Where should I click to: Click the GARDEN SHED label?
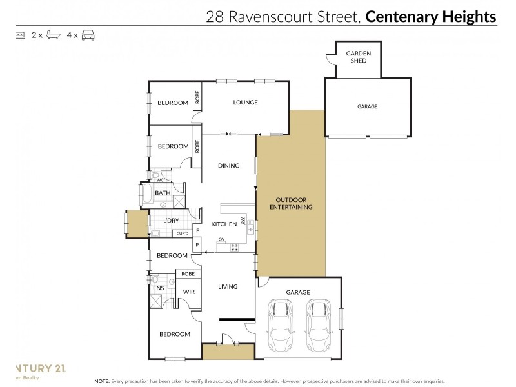(x=358, y=57)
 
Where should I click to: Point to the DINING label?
(x=228, y=166)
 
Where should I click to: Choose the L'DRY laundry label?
(x=171, y=221)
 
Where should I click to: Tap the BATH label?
(x=163, y=193)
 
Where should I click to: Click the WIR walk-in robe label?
(x=188, y=292)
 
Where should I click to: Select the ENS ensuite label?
(x=158, y=288)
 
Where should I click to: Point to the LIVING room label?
(x=228, y=286)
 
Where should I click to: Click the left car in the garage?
(x=281, y=323)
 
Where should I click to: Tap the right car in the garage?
(x=318, y=323)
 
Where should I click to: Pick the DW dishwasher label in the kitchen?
(x=243, y=221)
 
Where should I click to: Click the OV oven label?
(x=221, y=240)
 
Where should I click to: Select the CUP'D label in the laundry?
(x=181, y=233)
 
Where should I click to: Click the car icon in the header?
(x=88, y=35)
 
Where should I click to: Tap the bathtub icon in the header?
(x=54, y=35)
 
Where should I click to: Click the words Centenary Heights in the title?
(x=431, y=17)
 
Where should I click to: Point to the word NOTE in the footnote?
(x=102, y=381)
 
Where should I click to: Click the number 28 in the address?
(x=215, y=17)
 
